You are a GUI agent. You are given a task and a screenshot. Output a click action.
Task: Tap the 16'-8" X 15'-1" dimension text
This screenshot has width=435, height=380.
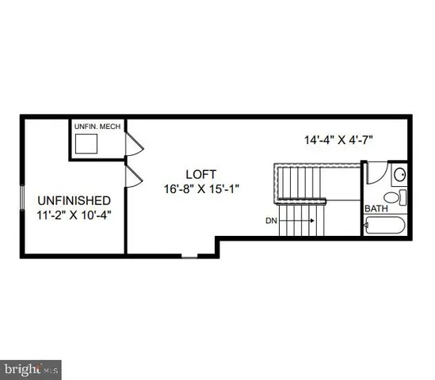click(x=201, y=188)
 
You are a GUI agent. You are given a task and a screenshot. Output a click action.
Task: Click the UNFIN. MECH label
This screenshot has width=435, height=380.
click(x=95, y=127)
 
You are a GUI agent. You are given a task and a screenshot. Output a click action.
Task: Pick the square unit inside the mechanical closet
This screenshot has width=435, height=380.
click(x=86, y=143)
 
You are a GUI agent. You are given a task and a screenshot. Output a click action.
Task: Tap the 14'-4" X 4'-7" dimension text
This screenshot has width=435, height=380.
click(x=339, y=140)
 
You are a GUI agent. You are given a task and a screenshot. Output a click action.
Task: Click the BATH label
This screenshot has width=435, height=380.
click(x=376, y=209)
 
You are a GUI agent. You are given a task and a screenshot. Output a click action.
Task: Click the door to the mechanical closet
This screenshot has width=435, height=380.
click(x=134, y=145)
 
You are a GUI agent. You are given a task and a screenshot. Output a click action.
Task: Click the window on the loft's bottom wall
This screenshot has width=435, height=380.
click(x=189, y=255)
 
